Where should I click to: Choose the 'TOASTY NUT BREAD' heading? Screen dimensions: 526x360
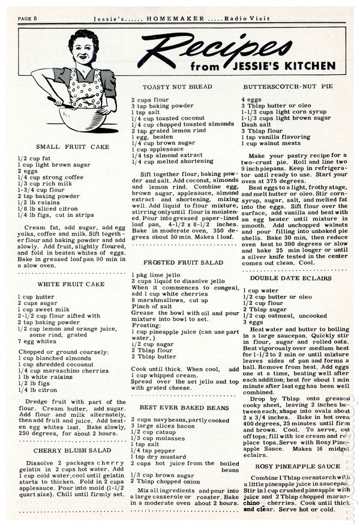[x=171, y=87]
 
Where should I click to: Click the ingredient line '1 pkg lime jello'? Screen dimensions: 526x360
[x=155, y=274]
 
